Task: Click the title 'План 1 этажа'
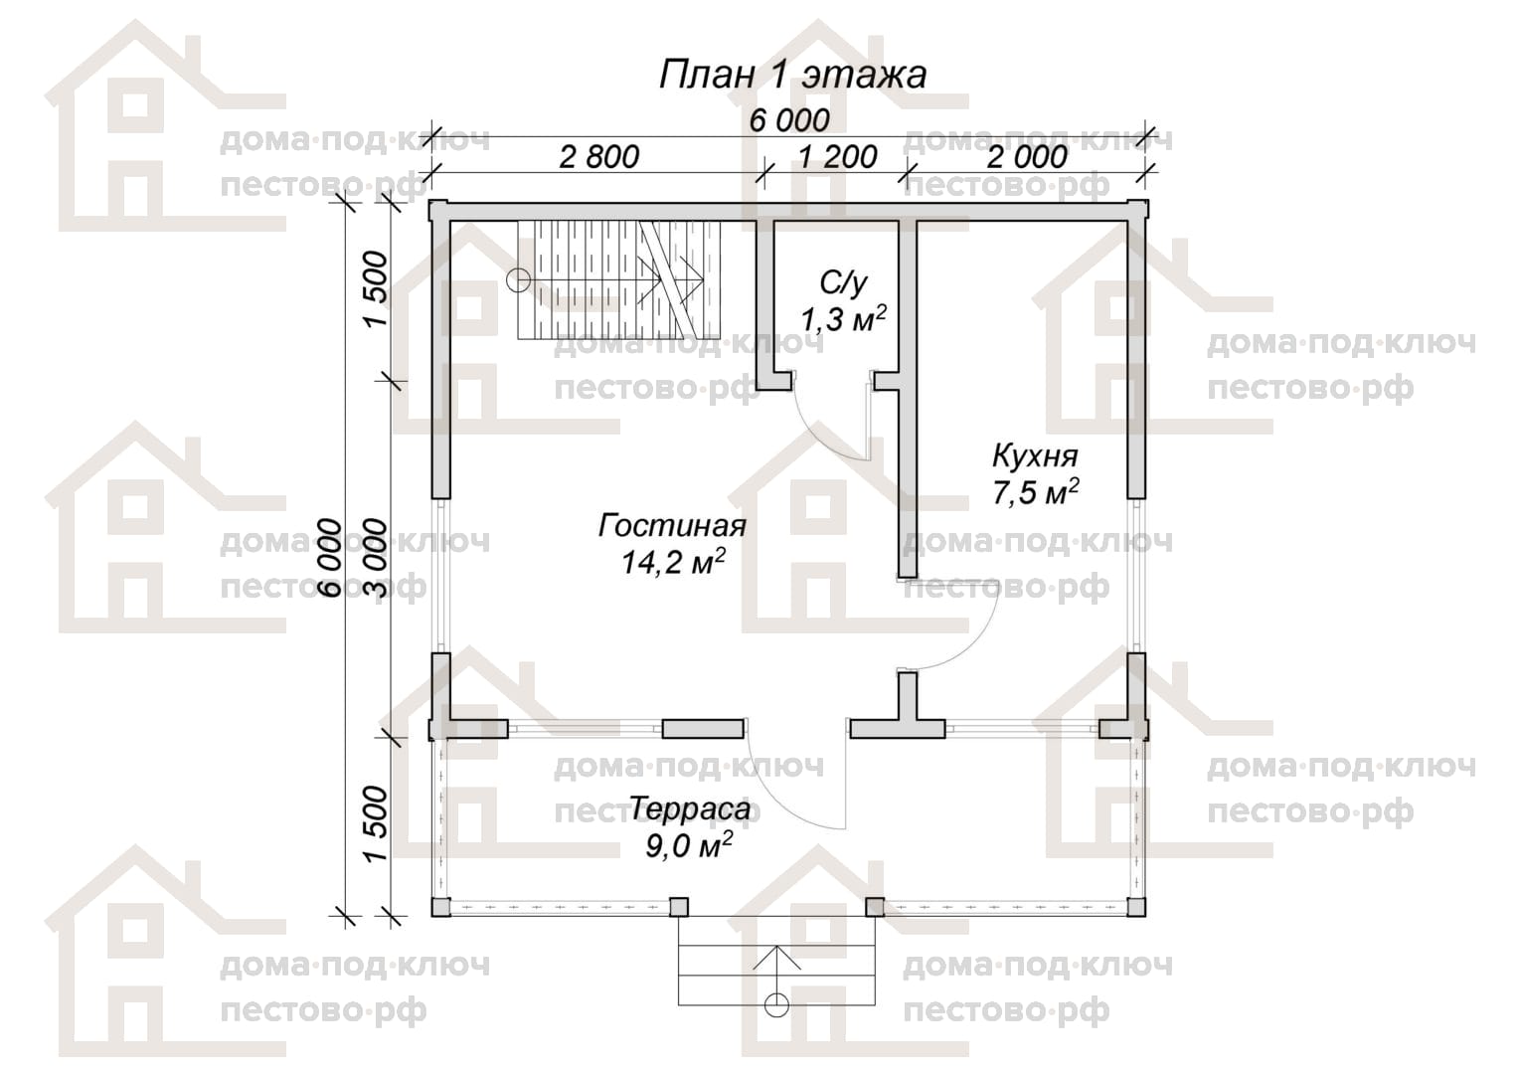[x=792, y=76]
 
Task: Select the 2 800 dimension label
[x=598, y=157]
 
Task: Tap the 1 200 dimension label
[x=837, y=157]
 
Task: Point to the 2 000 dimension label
[x=1027, y=157]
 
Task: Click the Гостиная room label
[x=672, y=526]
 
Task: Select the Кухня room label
[x=1035, y=456]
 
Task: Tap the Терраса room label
[x=690, y=808]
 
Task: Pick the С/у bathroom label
[x=843, y=283]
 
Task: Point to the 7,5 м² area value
[x=1036, y=492]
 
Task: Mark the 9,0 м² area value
[x=688, y=844]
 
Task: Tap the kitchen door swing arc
[x=976, y=644]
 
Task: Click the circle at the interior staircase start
[x=519, y=279]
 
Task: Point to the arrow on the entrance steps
[x=776, y=976]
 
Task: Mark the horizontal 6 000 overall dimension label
[x=789, y=120]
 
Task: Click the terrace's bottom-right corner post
[x=1136, y=907]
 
